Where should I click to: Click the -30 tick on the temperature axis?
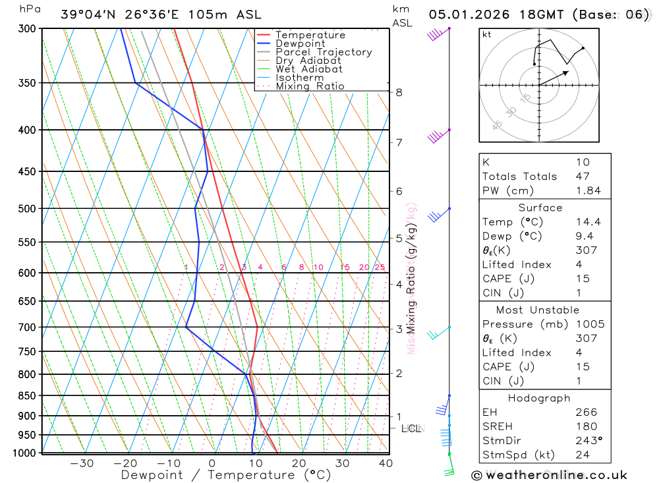click(x=82, y=463)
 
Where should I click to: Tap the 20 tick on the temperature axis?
click(x=299, y=463)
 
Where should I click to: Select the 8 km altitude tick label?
click(x=399, y=92)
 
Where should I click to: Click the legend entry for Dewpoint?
click(x=300, y=43)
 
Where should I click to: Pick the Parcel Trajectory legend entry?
click(x=324, y=52)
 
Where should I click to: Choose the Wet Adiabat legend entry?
click(x=308, y=69)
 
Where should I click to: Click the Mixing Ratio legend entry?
click(x=310, y=86)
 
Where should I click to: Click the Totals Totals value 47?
click(x=583, y=177)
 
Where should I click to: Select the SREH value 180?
click(x=586, y=426)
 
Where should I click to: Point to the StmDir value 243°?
click(x=588, y=440)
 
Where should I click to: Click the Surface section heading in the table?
click(x=540, y=208)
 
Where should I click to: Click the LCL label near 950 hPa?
click(x=411, y=429)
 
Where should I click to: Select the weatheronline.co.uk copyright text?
click(x=550, y=474)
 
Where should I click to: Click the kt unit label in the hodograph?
click(x=487, y=34)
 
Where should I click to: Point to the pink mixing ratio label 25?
click(x=380, y=267)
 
